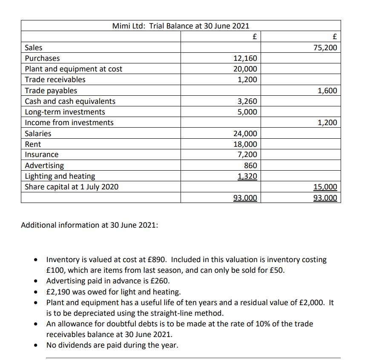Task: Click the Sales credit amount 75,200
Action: pyautogui.click(x=325, y=48)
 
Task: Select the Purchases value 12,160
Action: pyautogui.click(x=245, y=58)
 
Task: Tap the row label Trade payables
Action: pyautogui.click(x=51, y=91)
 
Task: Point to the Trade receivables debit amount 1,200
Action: pyautogui.click(x=247, y=80)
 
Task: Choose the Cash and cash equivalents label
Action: pyautogui.click(x=70, y=101)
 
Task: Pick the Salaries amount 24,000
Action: pyautogui.click(x=245, y=134)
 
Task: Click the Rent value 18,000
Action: pyautogui.click(x=245, y=144)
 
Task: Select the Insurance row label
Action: pyautogui.click(x=42, y=155)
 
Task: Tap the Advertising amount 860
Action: pyautogui.click(x=250, y=166)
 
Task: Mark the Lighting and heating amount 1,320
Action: pyautogui.click(x=247, y=176)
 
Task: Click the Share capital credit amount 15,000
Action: pyautogui.click(x=325, y=187)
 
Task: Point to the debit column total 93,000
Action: pyautogui.click(x=245, y=198)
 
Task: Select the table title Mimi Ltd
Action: pyautogui.click(x=128, y=26)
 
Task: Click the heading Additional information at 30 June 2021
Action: pyautogui.click(x=89, y=225)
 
